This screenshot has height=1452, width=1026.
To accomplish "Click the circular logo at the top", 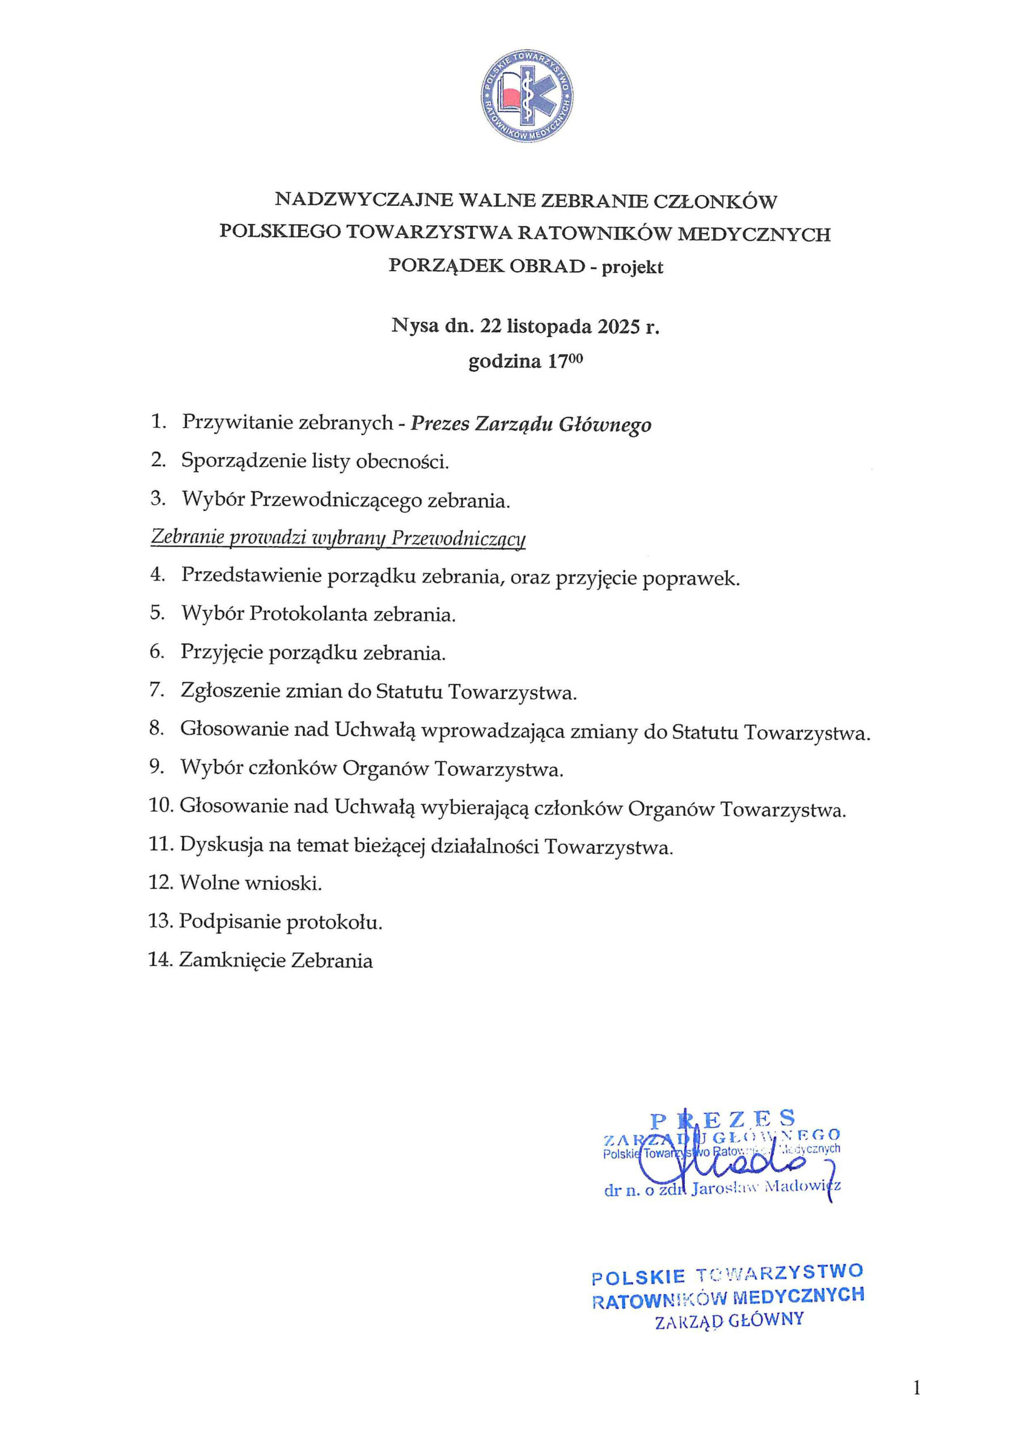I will [527, 96].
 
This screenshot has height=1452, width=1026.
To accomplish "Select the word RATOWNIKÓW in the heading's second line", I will [593, 234].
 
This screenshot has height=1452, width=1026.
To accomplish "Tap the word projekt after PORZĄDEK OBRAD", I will [632, 268].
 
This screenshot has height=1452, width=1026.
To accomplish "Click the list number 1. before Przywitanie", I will [158, 422].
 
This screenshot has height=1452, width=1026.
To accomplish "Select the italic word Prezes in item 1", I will [439, 423].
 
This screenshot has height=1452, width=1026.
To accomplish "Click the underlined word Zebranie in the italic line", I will [186, 538].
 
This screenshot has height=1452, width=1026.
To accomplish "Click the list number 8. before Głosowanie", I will [157, 728].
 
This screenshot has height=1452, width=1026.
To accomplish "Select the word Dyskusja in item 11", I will [221, 845].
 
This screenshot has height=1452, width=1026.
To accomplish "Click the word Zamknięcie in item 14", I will [231, 960].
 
